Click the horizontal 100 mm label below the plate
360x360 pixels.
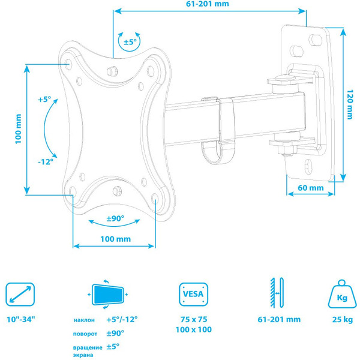click(115, 239)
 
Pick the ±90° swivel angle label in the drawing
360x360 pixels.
click(115, 218)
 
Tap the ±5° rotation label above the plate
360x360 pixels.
click(130, 42)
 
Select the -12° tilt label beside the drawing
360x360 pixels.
click(45, 161)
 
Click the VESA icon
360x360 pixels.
click(193, 294)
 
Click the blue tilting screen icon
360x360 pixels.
click(109, 294)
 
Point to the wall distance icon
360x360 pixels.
click(274, 294)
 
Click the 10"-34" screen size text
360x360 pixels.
click(20, 318)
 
